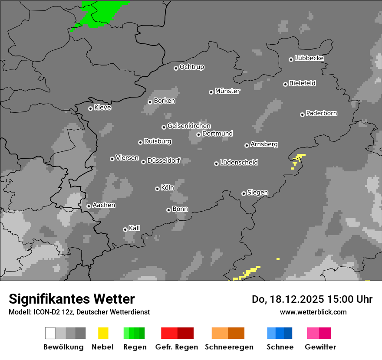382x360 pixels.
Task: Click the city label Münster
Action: (227, 91)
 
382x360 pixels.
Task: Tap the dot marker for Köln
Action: (157, 189)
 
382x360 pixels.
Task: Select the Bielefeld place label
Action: (303, 83)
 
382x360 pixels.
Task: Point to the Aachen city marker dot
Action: (89, 206)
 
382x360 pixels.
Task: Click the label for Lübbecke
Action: (310, 58)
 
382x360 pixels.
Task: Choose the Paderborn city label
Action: (322, 114)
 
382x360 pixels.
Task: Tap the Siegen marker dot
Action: (244, 193)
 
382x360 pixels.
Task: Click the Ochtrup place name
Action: (192, 67)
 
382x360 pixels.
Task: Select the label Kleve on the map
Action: (103, 108)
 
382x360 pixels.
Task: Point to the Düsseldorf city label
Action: (164, 160)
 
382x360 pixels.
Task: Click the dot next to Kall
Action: (125, 229)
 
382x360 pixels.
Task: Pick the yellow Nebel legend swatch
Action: (103, 333)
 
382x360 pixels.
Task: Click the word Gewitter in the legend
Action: (320, 347)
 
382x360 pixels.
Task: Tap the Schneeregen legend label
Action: (229, 347)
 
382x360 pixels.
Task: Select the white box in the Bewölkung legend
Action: (50, 333)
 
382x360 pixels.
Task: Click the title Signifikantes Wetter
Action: (72, 299)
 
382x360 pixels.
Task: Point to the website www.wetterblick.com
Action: (313, 312)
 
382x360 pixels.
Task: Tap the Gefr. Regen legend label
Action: (177, 347)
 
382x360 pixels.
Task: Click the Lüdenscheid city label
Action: (239, 163)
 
